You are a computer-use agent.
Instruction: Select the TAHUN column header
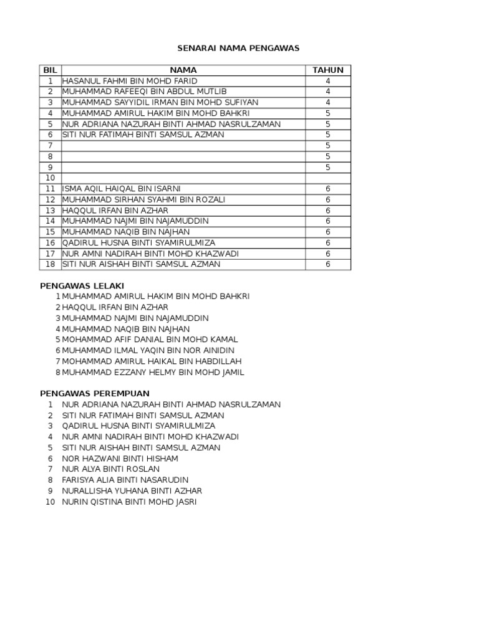click(327, 70)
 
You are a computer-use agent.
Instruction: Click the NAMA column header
click(183, 70)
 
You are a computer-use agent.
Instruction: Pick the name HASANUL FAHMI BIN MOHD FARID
click(130, 81)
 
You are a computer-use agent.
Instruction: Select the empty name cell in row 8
click(183, 156)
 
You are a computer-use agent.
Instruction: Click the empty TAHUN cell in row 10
click(327, 178)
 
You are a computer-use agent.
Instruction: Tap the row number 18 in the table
click(50, 264)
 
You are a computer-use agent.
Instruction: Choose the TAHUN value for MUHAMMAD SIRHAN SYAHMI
click(327, 199)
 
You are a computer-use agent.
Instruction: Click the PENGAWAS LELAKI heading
click(74, 285)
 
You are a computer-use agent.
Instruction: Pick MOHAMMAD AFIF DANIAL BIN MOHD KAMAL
click(150, 340)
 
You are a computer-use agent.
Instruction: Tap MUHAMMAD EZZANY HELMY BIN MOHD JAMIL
click(153, 372)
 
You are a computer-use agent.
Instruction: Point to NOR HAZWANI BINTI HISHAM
click(120, 458)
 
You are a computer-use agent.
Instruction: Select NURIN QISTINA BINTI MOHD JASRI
click(129, 502)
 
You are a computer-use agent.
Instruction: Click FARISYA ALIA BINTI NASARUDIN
click(125, 480)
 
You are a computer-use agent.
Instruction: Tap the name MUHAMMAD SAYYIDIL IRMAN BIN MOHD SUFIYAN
click(160, 102)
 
